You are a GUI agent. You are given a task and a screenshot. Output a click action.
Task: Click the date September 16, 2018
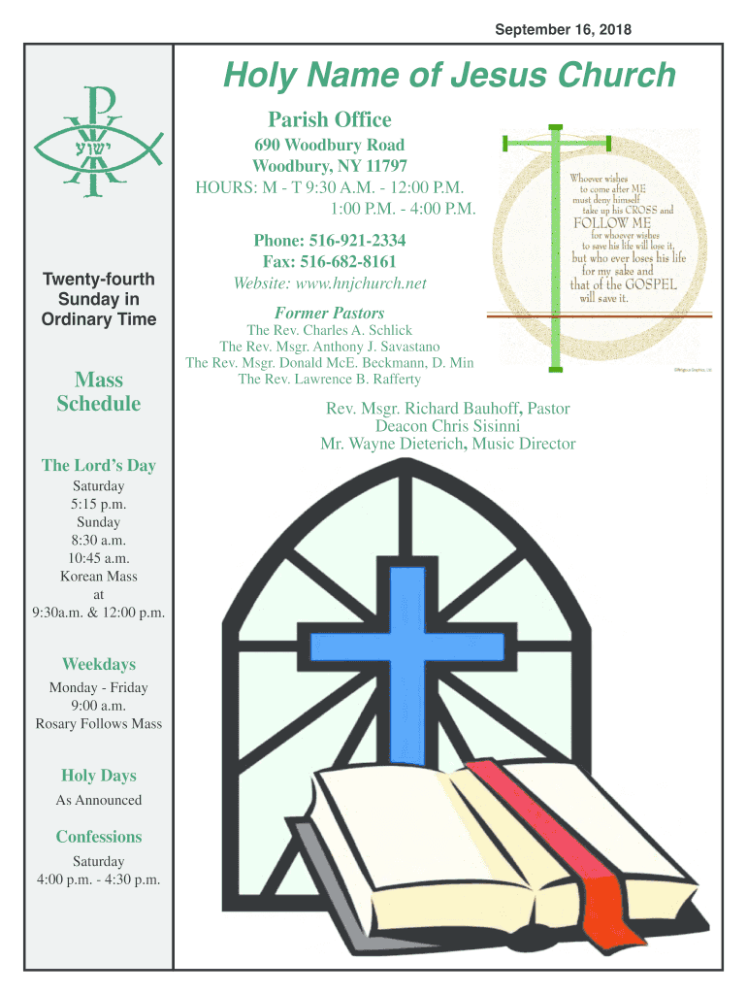tap(563, 30)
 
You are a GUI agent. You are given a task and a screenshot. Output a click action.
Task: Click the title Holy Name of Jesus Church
tap(448, 76)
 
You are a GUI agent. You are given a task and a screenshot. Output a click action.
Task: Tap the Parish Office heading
tap(330, 120)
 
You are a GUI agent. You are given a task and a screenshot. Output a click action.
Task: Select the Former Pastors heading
tap(330, 313)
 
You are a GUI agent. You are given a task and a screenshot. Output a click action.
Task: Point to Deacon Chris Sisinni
tap(448, 426)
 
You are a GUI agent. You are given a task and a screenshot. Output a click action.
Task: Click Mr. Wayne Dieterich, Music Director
tap(448, 445)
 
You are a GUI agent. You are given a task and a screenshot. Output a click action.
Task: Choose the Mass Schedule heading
tap(98, 391)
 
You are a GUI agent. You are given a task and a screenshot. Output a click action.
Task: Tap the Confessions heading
tap(98, 837)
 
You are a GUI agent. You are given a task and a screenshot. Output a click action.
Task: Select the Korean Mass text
tap(98, 577)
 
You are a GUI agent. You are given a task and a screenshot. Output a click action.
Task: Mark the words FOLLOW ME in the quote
tap(613, 222)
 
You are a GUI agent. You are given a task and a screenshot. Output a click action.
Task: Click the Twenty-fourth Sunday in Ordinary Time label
tap(98, 299)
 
